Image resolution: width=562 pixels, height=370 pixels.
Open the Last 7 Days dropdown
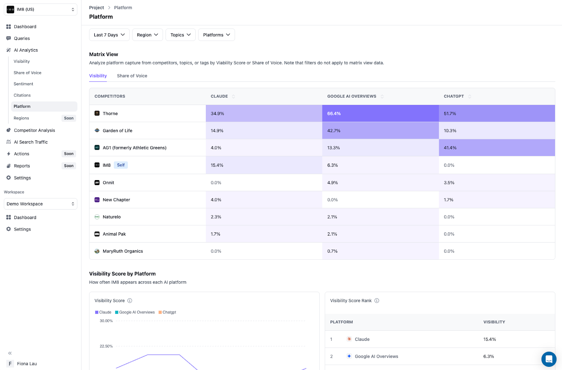pyautogui.click(x=109, y=35)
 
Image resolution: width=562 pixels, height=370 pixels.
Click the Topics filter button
pyautogui.click(x=180, y=35)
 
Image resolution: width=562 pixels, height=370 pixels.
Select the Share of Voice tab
pyautogui.click(x=132, y=76)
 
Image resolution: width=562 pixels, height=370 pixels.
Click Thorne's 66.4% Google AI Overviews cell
pyautogui.click(x=380, y=113)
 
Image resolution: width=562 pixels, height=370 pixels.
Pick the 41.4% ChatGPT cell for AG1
pyautogui.click(x=497, y=148)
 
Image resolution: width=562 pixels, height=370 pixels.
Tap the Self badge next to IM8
pyautogui.click(x=121, y=165)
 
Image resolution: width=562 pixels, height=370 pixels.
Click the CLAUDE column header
pyautogui.click(x=220, y=96)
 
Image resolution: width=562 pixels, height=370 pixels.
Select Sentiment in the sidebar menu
pyautogui.click(x=24, y=84)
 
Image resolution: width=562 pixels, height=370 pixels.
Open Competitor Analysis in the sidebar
pyautogui.click(x=34, y=130)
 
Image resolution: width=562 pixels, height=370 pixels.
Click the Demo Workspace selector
pyautogui.click(x=40, y=204)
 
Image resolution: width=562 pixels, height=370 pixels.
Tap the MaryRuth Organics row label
pyautogui.click(x=123, y=251)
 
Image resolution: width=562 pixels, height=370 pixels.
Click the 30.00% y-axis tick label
pyautogui.click(x=106, y=321)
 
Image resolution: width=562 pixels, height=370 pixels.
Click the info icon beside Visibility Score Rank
pyautogui.click(x=377, y=300)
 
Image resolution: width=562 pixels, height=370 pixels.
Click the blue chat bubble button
pyautogui.click(x=549, y=359)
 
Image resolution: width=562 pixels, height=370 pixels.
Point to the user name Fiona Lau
pyautogui.click(x=27, y=364)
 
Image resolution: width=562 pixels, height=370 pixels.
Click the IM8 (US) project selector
pyautogui.click(x=40, y=9)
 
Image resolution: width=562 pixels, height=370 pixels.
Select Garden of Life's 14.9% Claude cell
pyautogui.click(x=264, y=131)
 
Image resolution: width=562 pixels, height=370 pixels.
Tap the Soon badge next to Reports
pyautogui.click(x=69, y=166)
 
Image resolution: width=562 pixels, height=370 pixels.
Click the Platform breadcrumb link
pyautogui.click(x=123, y=8)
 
